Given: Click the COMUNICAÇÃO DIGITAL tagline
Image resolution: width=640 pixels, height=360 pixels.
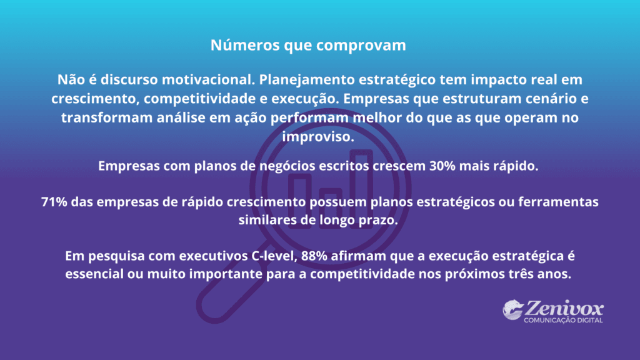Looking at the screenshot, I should point(563,321).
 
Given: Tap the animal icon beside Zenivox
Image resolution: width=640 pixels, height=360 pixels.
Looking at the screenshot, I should point(512,311).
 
